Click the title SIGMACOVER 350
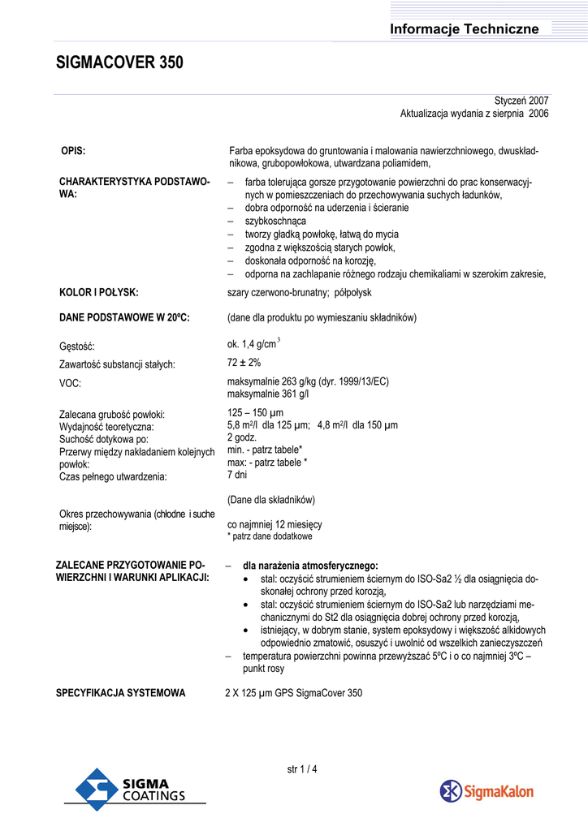click(x=119, y=62)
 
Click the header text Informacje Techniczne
click(x=464, y=29)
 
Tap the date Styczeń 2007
click(x=521, y=101)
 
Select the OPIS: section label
click(x=73, y=151)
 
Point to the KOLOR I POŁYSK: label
click(x=98, y=292)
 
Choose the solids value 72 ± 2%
click(x=244, y=363)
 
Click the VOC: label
click(x=71, y=382)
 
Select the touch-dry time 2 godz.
click(x=243, y=437)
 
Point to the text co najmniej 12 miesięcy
click(x=275, y=524)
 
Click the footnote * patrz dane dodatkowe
click(x=269, y=536)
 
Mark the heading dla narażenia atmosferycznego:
click(x=310, y=565)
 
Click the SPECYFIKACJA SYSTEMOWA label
click(x=120, y=693)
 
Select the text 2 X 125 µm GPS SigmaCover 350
click(x=293, y=693)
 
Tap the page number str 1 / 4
click(x=302, y=769)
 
